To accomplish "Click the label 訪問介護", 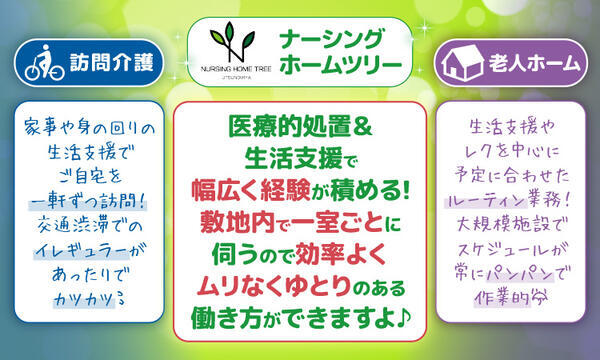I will [x=111, y=63].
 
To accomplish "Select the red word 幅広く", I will [x=230, y=191].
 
